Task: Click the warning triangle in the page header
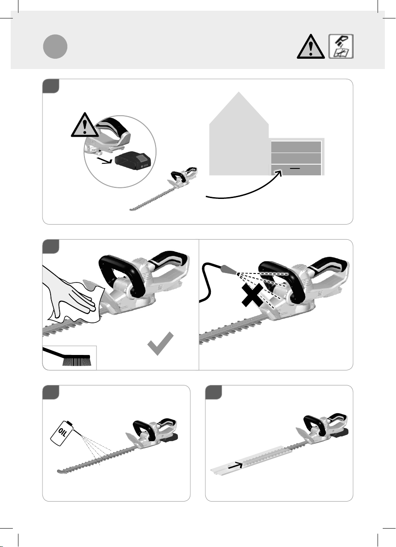(x=311, y=47)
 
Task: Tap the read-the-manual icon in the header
(x=341, y=46)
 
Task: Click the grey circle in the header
(x=55, y=46)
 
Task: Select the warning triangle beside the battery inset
(x=84, y=125)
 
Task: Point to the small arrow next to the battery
(x=104, y=161)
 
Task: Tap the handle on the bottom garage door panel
(x=295, y=168)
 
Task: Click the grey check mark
(x=160, y=343)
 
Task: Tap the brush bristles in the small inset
(x=77, y=362)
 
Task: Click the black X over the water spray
(x=252, y=295)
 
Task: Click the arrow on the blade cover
(x=235, y=466)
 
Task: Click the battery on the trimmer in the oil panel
(x=171, y=438)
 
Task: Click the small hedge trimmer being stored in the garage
(x=164, y=189)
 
